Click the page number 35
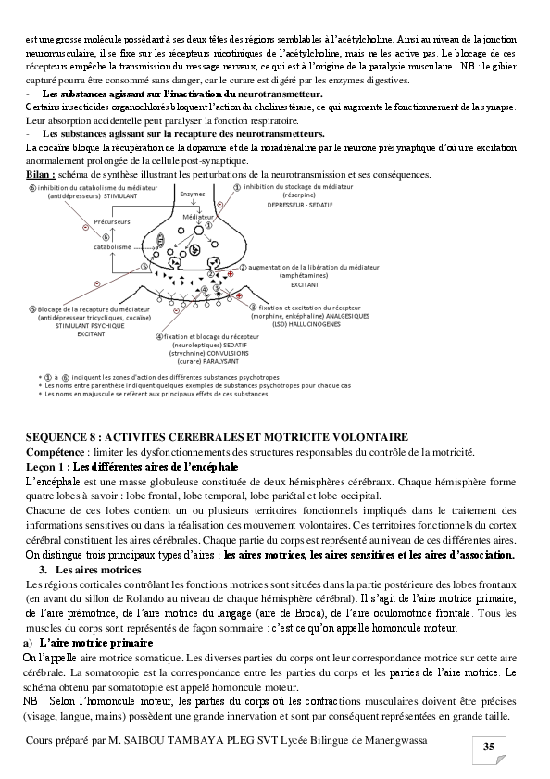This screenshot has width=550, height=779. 487,748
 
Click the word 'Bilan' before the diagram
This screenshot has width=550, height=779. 39,173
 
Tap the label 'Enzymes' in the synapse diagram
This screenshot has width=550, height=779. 193,195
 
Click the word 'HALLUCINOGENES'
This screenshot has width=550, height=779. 339,324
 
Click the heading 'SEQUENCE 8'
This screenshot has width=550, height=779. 62,435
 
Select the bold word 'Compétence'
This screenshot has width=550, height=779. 56,451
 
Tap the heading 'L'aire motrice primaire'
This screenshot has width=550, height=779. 89,643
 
